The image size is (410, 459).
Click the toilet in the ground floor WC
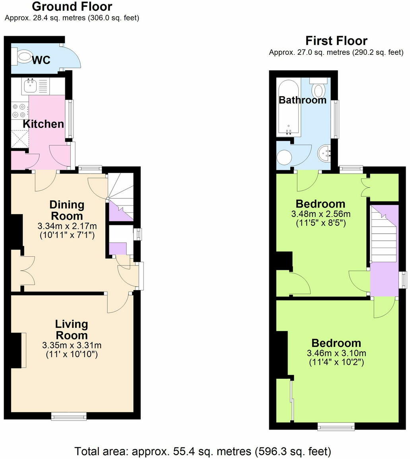pyautogui.click(x=23, y=56)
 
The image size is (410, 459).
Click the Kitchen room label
pyautogui.click(x=43, y=124)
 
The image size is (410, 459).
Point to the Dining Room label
pyautogui.click(x=67, y=210)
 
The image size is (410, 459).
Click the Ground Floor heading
pyautogui.click(x=72, y=7)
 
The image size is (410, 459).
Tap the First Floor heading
pyautogui.click(x=336, y=41)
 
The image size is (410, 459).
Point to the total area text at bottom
pyautogui.click(x=203, y=451)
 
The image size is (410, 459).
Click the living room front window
pyautogui.click(x=69, y=416)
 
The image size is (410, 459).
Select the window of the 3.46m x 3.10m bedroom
pyautogui.click(x=336, y=427)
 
